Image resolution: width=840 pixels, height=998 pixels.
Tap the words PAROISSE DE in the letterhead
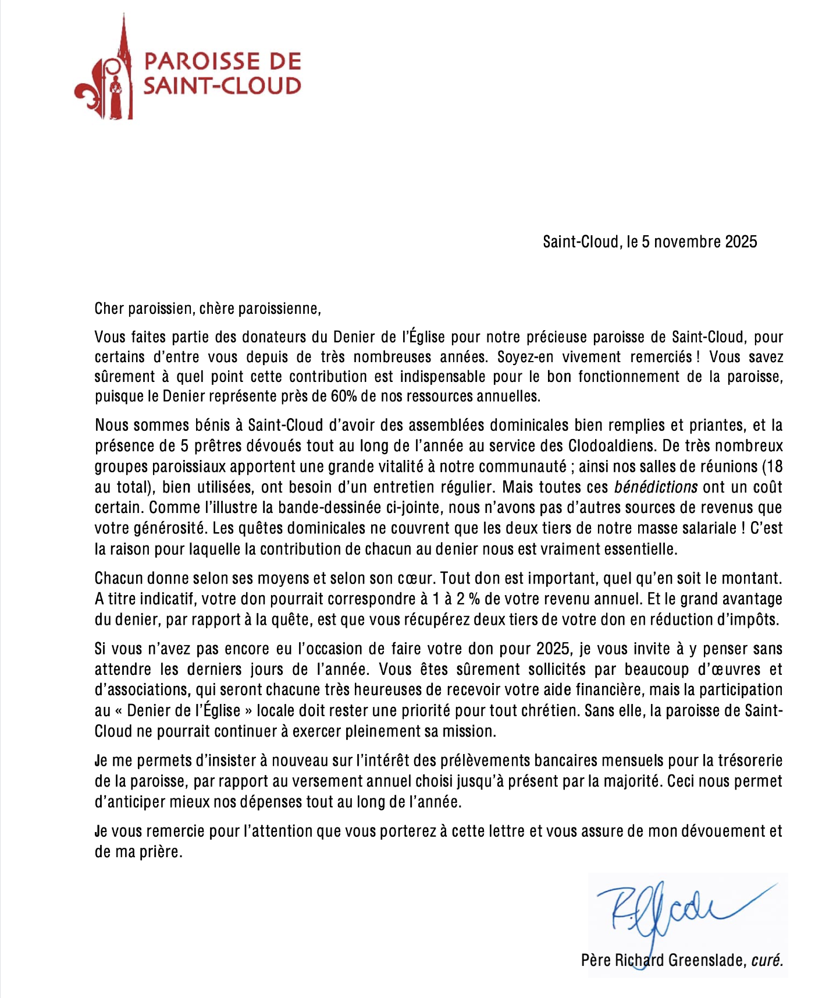[222, 62]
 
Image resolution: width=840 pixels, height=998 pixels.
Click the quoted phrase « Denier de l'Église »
[183, 710]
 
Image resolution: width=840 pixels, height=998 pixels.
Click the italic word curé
[767, 960]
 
